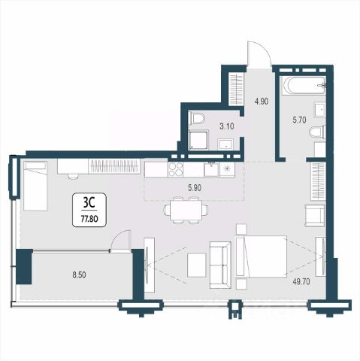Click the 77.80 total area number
click(x=89, y=219)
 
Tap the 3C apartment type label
click(x=89, y=204)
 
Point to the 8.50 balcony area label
click(x=79, y=275)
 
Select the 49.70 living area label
click(x=301, y=282)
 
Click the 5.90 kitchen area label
click(x=195, y=188)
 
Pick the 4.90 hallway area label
click(x=262, y=102)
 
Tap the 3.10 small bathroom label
click(x=227, y=126)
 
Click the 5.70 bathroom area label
click(x=300, y=120)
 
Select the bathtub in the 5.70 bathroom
click(x=303, y=85)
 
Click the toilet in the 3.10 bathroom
click(x=197, y=118)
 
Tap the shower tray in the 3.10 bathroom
click(x=198, y=140)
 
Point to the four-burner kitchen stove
click(x=176, y=170)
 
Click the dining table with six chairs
click(x=186, y=209)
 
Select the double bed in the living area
click(x=262, y=256)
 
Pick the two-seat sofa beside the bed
click(x=220, y=265)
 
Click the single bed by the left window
click(x=35, y=186)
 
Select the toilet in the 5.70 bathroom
click(x=317, y=132)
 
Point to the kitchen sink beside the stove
click(x=211, y=170)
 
